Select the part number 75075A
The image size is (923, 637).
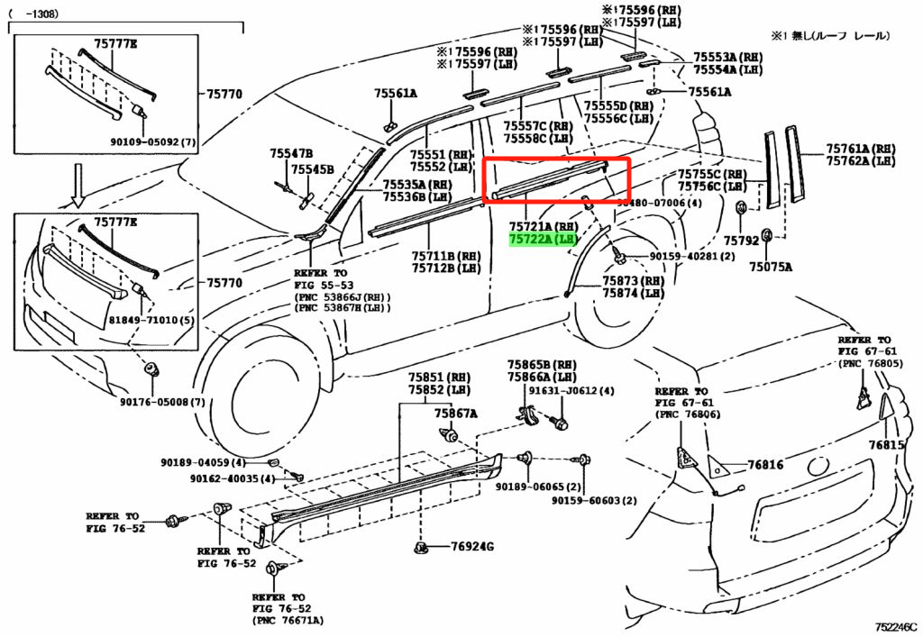pos(772,267)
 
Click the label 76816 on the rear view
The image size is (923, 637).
pos(765,466)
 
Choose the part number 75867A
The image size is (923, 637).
pos(455,414)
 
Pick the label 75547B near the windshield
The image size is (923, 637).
pos(290,154)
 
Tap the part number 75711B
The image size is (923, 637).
pos(446,255)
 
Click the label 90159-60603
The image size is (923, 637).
pos(594,501)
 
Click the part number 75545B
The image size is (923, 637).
pos(313,169)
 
